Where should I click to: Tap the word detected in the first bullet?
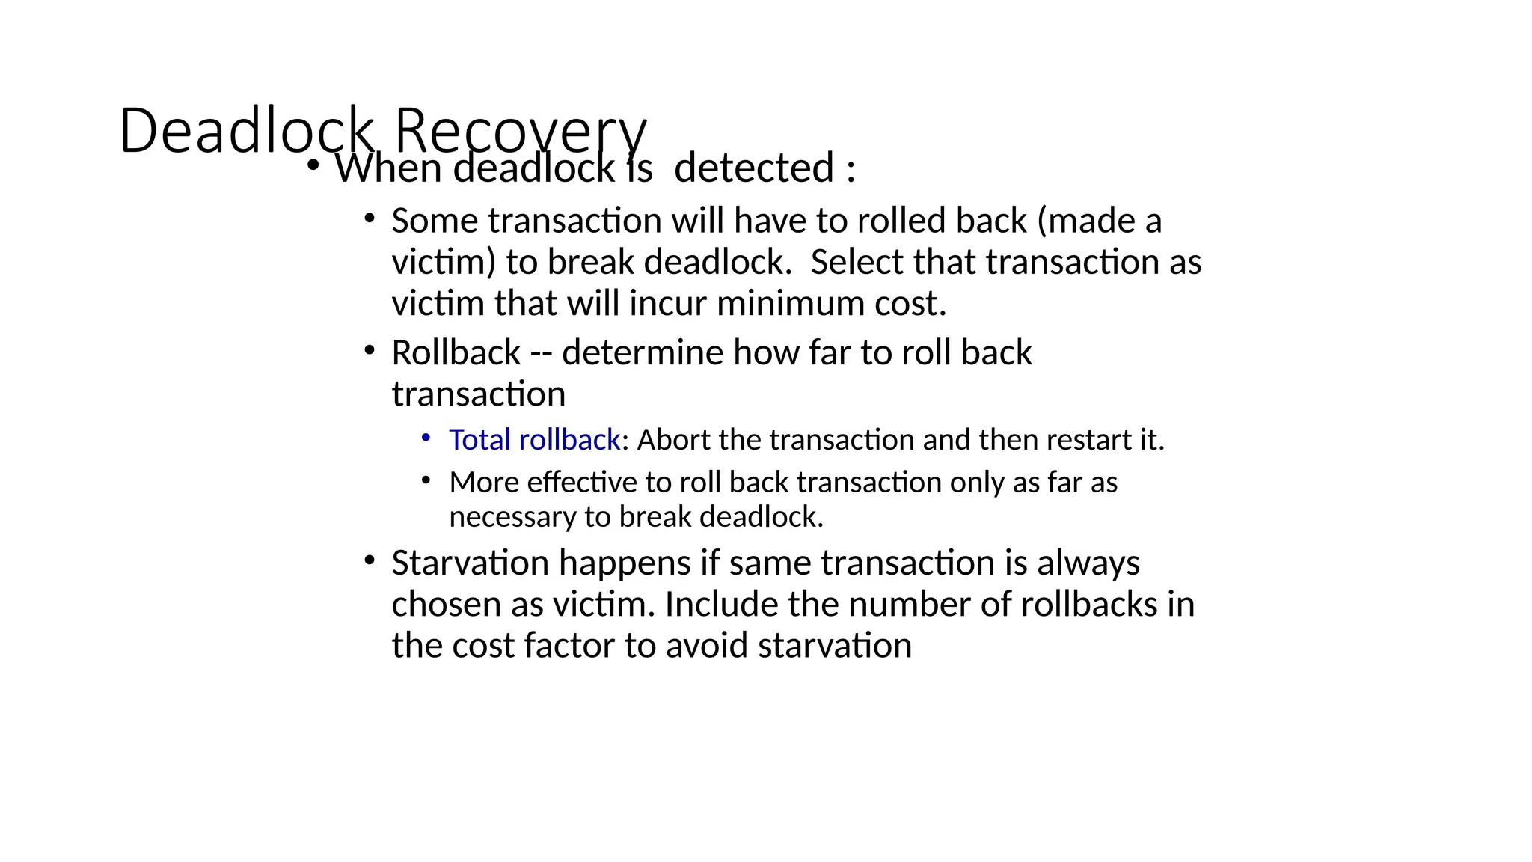click(x=754, y=168)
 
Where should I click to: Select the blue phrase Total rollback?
click(x=534, y=440)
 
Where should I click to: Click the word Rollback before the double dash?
click(x=456, y=352)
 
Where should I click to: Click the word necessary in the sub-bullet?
click(x=514, y=517)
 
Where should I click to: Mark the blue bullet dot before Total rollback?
click(x=426, y=437)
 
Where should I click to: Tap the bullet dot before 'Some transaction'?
click(x=369, y=218)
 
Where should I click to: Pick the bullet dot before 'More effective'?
click(x=426, y=480)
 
